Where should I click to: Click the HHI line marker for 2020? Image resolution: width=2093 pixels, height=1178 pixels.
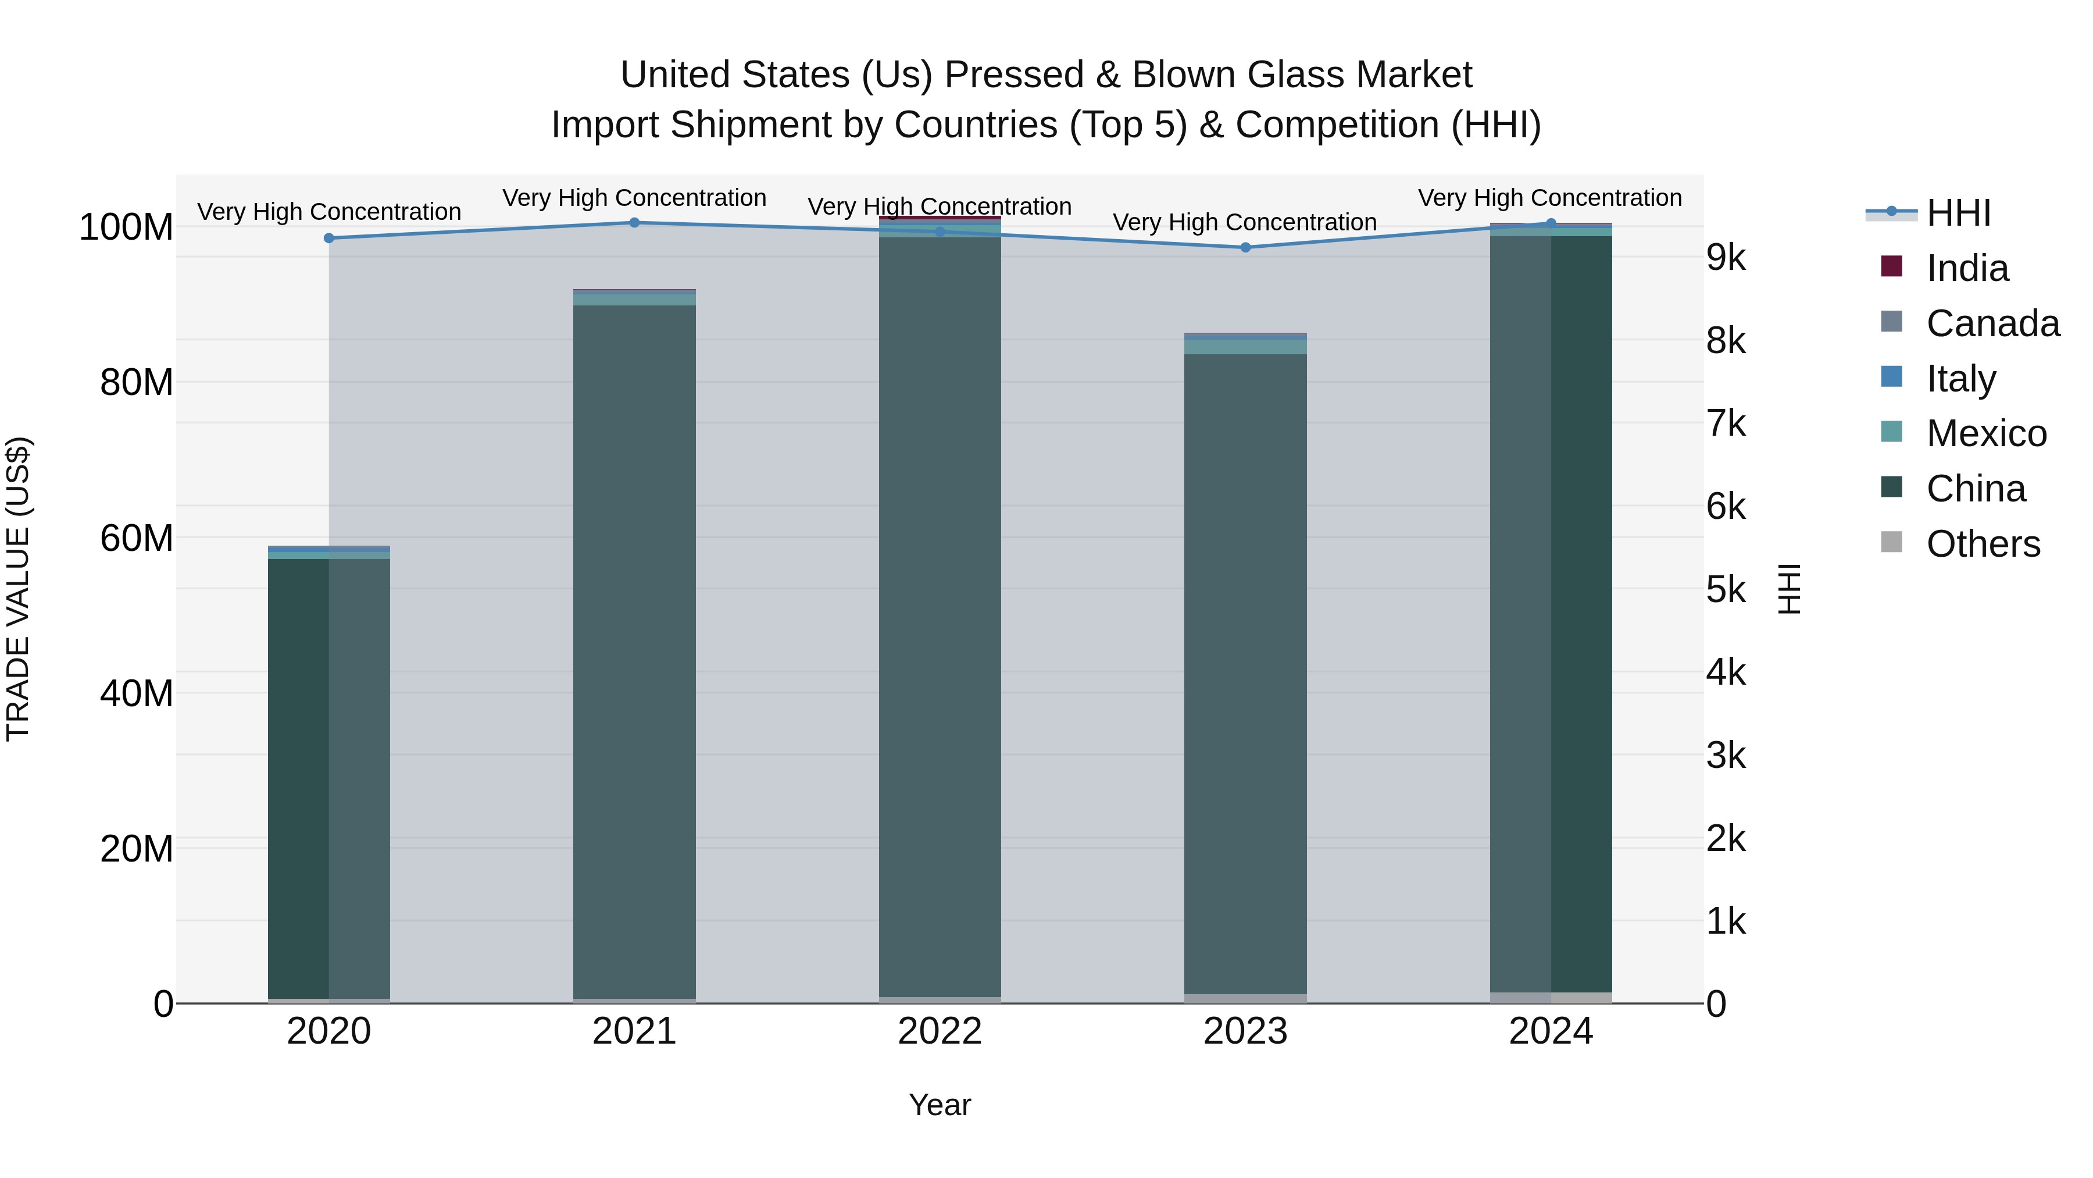(x=329, y=238)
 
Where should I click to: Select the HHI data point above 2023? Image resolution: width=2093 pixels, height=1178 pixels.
(x=1245, y=247)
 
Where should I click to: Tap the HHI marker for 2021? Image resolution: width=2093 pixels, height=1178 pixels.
(x=634, y=223)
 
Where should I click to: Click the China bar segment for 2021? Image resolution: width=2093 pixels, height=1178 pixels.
(x=634, y=650)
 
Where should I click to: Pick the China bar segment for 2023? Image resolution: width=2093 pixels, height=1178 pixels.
(x=1245, y=675)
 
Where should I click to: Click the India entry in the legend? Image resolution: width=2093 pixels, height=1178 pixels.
(x=1967, y=268)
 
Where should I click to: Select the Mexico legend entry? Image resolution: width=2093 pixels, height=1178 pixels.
(x=1986, y=433)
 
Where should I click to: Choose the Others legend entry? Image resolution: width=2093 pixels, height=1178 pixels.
(x=1983, y=544)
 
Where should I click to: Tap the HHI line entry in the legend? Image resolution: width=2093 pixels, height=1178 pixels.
(x=1958, y=213)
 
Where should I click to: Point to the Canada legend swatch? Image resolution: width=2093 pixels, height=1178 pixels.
(x=1891, y=322)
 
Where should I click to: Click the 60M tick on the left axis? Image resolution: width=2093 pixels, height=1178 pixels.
(x=137, y=538)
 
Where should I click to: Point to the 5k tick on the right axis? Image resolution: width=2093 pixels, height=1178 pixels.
(x=1726, y=590)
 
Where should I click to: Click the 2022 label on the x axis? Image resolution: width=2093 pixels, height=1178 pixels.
(x=940, y=1031)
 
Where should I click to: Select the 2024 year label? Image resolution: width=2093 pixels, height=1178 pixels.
(x=1551, y=1031)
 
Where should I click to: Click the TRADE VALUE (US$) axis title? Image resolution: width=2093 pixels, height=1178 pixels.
(x=18, y=589)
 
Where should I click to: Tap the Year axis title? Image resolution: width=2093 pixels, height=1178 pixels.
(x=940, y=1105)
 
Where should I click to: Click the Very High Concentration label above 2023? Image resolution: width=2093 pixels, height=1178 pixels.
(x=1245, y=222)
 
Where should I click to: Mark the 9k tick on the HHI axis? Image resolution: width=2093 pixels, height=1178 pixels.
(x=1726, y=258)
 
